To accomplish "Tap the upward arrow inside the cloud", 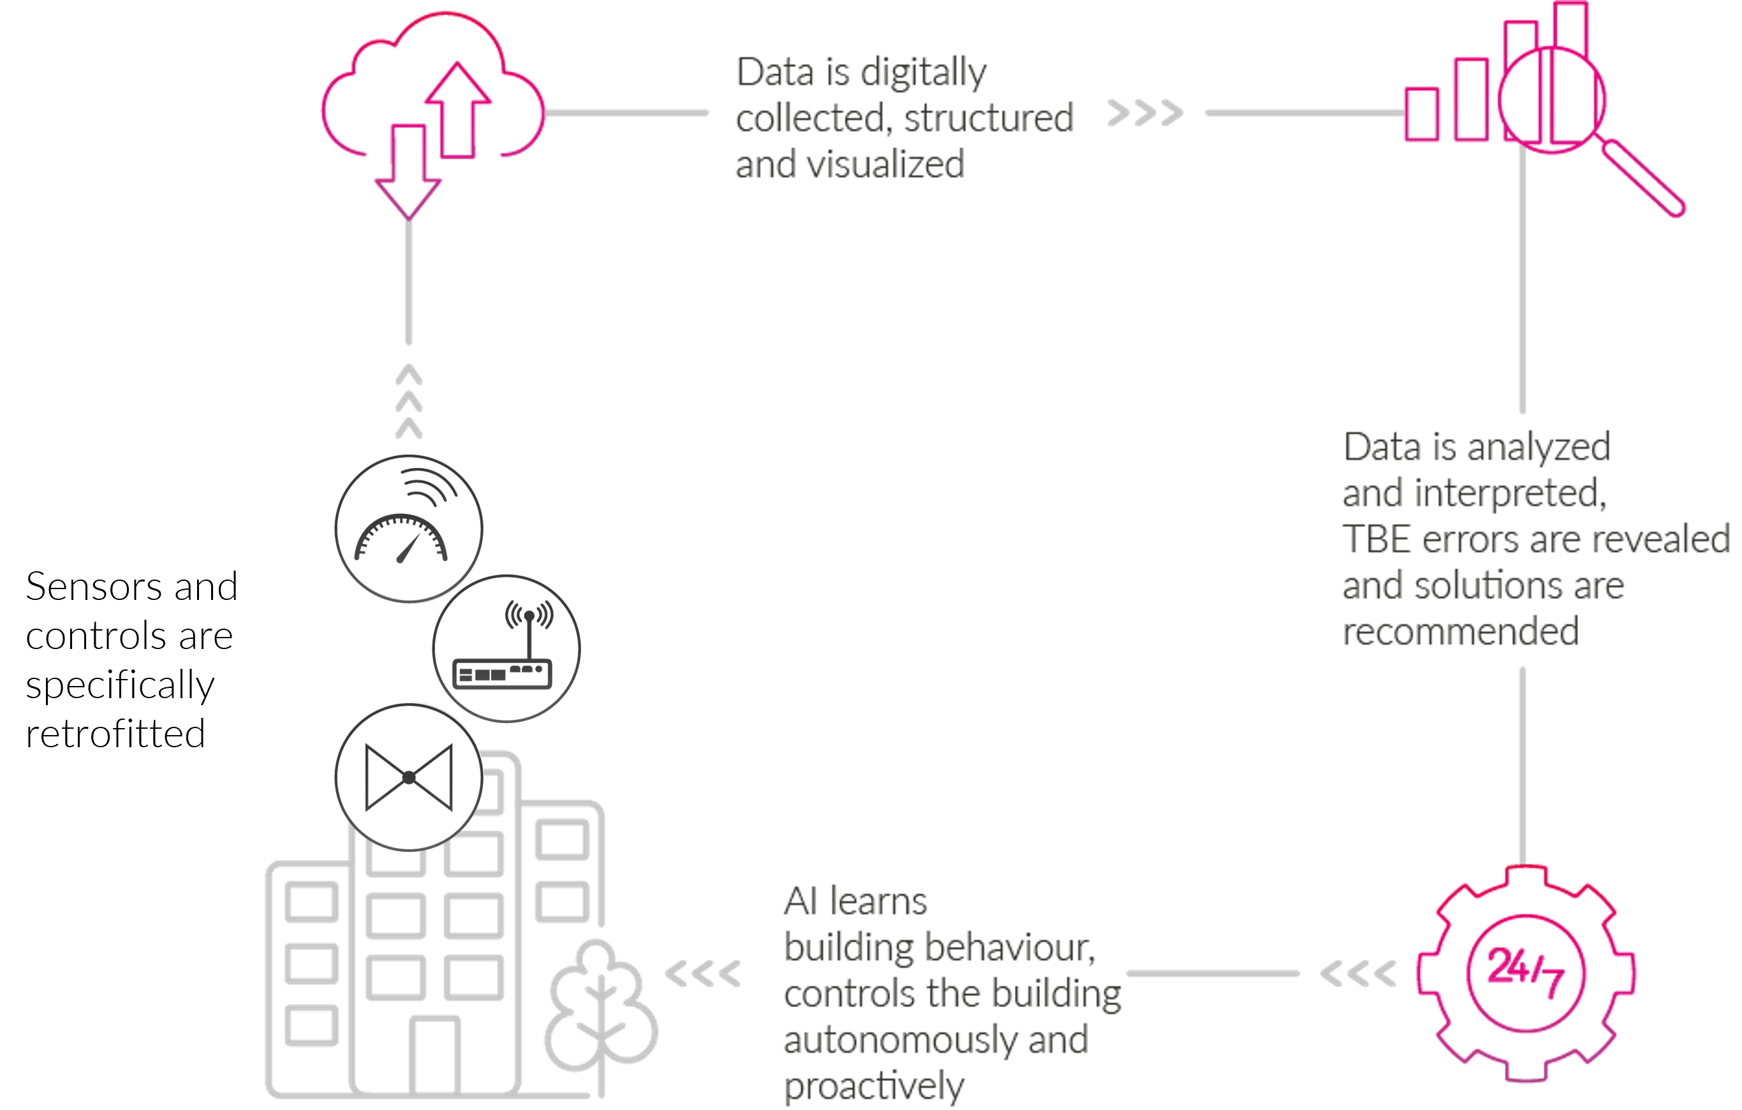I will (458, 108).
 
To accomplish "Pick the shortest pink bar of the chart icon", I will (1422, 114).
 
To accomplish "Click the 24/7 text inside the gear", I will (1525, 971).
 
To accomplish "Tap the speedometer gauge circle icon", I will (409, 528).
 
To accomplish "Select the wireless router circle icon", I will (506, 648).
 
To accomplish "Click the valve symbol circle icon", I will (409, 777).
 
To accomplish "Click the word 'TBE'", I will (1376, 539).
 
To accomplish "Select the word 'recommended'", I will (1460, 631).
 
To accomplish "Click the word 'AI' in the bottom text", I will (800, 902).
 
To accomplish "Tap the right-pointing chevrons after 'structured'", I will (1146, 113).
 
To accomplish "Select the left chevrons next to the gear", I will (1358, 974).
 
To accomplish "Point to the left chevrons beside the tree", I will (702, 974).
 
